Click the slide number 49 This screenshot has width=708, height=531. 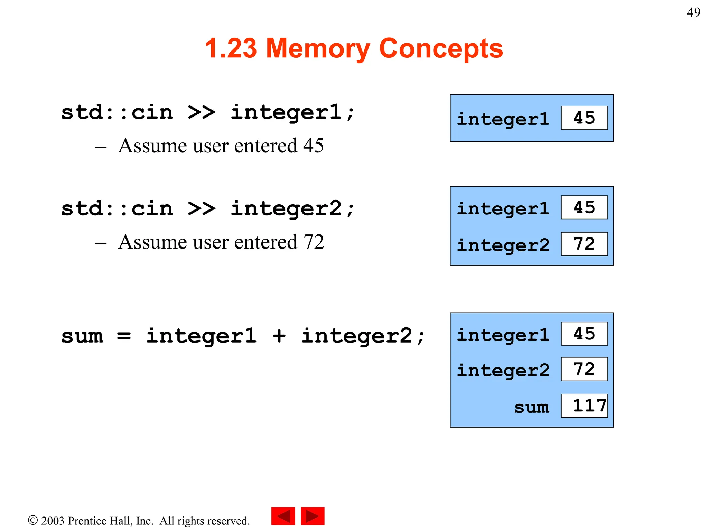coord(693,13)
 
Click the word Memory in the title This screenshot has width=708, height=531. coord(318,48)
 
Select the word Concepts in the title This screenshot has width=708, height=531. coord(441,48)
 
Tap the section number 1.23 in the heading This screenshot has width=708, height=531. coord(231,48)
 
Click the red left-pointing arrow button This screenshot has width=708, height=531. coord(283,516)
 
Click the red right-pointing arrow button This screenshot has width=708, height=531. coord(313,516)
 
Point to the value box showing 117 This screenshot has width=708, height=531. coord(584,406)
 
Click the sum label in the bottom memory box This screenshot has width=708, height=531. coord(531,407)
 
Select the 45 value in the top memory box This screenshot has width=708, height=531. coord(584,118)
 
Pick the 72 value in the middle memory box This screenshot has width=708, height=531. coord(584,244)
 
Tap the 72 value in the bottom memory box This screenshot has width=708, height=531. coord(584,369)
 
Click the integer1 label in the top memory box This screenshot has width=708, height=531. coord(503,119)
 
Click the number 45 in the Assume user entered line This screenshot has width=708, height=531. coord(313,146)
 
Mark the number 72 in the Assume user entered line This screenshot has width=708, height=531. coord(313,242)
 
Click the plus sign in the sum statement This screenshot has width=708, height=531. coord(279,336)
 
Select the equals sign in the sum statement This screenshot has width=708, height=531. coord(124,336)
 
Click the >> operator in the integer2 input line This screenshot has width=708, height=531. coord(202,208)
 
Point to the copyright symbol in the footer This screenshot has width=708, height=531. coord(33,520)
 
